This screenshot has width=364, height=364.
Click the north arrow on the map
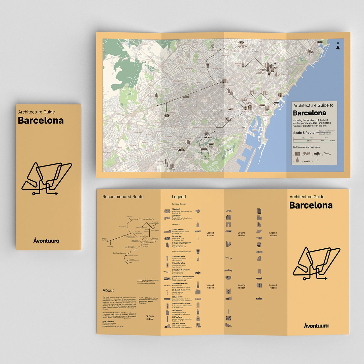pyautogui.click(x=338, y=46)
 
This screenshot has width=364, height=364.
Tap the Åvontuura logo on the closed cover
pyautogui.click(x=46, y=241)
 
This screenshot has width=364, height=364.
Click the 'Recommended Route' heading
pyautogui.click(x=123, y=197)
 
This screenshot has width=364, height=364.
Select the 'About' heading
pyautogui.click(x=108, y=290)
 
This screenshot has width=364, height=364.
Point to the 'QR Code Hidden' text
pyautogui.click(x=150, y=318)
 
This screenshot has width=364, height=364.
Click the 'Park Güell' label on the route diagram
pyautogui.click(x=129, y=217)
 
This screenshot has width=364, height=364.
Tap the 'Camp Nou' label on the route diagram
pyautogui.click(x=110, y=246)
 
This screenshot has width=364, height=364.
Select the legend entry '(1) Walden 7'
pyautogui.click(x=176, y=209)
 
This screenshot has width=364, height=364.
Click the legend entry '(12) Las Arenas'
pyautogui.click(x=177, y=297)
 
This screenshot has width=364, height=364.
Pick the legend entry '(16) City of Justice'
pyautogui.click(x=179, y=324)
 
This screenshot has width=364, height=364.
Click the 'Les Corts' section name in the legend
pyautogui.click(x=176, y=224)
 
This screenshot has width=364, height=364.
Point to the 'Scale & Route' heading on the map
pyautogui.click(x=304, y=133)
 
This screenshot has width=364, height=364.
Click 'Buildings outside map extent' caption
pyautogui.click(x=307, y=147)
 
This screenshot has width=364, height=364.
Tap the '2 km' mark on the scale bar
pyautogui.click(x=326, y=138)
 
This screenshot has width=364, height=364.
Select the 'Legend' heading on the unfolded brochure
pyautogui.click(x=179, y=197)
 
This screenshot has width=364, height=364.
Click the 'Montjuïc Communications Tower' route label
pyautogui.click(x=134, y=261)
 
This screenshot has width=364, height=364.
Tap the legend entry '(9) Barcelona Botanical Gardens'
pyautogui.click(x=183, y=277)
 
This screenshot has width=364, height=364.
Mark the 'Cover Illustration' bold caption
pyautogui.click(x=108, y=321)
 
